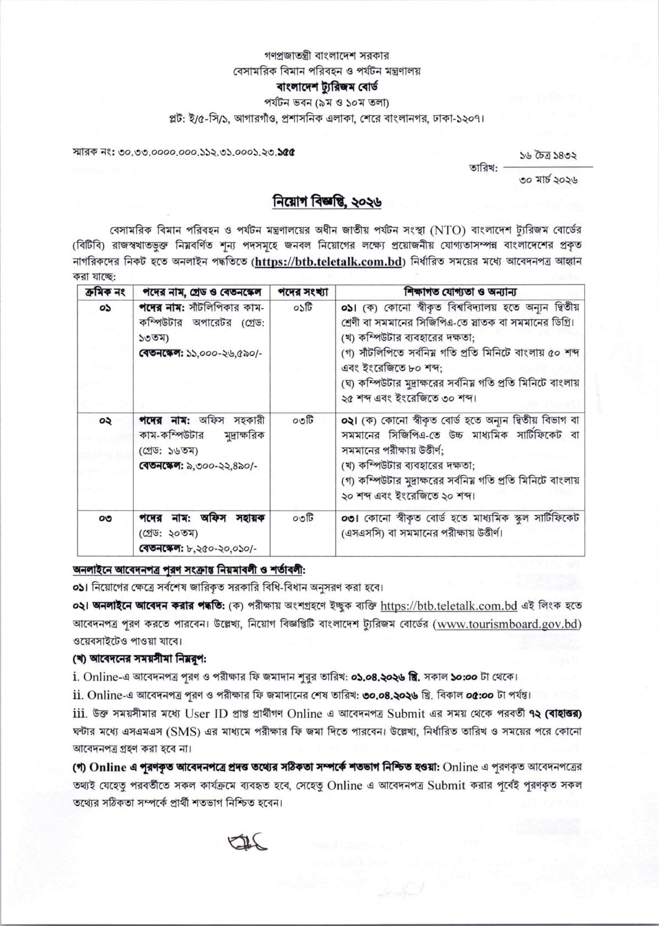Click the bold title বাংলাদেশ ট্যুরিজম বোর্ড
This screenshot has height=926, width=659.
329,87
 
